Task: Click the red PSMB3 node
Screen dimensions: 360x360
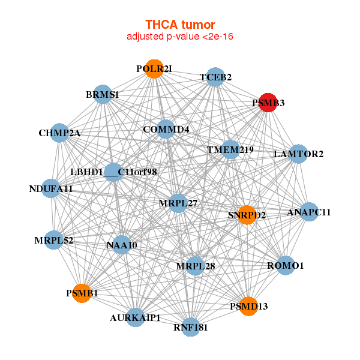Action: (267, 103)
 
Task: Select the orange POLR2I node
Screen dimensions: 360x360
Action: (155, 69)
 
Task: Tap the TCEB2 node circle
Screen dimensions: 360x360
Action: (216, 77)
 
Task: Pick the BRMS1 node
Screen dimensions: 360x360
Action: (103, 95)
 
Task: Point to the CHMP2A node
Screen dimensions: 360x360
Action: (60, 133)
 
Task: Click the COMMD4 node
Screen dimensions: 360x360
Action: (166, 130)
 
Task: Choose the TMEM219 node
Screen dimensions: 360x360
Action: (230, 149)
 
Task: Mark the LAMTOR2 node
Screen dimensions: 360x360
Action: (298, 154)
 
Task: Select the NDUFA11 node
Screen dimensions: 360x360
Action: (52, 189)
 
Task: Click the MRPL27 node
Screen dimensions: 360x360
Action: (179, 203)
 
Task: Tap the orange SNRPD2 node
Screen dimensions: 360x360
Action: (247, 215)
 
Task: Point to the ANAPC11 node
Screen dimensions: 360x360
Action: (308, 212)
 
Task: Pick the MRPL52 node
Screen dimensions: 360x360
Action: (54, 241)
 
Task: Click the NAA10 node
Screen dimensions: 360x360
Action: (122, 245)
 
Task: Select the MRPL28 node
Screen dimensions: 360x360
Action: (195, 265)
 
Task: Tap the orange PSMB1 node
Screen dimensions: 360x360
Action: (82, 293)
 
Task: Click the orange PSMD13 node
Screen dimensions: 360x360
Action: (248, 307)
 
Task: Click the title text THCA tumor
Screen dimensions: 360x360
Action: (180, 25)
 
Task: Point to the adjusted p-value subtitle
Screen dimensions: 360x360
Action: (180, 37)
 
